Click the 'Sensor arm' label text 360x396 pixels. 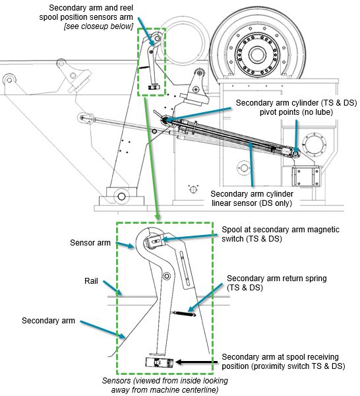click(x=90, y=243)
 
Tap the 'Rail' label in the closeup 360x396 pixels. click(x=91, y=281)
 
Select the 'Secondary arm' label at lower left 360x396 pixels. click(x=48, y=321)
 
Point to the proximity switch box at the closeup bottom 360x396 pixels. click(x=159, y=362)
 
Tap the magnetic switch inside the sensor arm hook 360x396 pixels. click(x=154, y=242)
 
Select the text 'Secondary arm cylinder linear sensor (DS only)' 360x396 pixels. click(x=252, y=199)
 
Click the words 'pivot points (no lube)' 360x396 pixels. click(x=296, y=112)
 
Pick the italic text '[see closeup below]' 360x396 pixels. click(x=98, y=26)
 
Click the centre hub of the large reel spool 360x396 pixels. click(x=257, y=54)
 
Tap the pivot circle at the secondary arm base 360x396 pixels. click(x=121, y=196)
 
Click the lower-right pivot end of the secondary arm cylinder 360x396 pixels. click(x=295, y=152)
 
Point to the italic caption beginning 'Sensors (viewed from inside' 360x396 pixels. click(x=165, y=385)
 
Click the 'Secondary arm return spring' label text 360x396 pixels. click(x=276, y=283)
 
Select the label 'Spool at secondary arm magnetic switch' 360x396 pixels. click(x=280, y=234)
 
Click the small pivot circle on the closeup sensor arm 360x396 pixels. click(x=167, y=276)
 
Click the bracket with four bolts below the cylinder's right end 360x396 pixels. click(x=306, y=176)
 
